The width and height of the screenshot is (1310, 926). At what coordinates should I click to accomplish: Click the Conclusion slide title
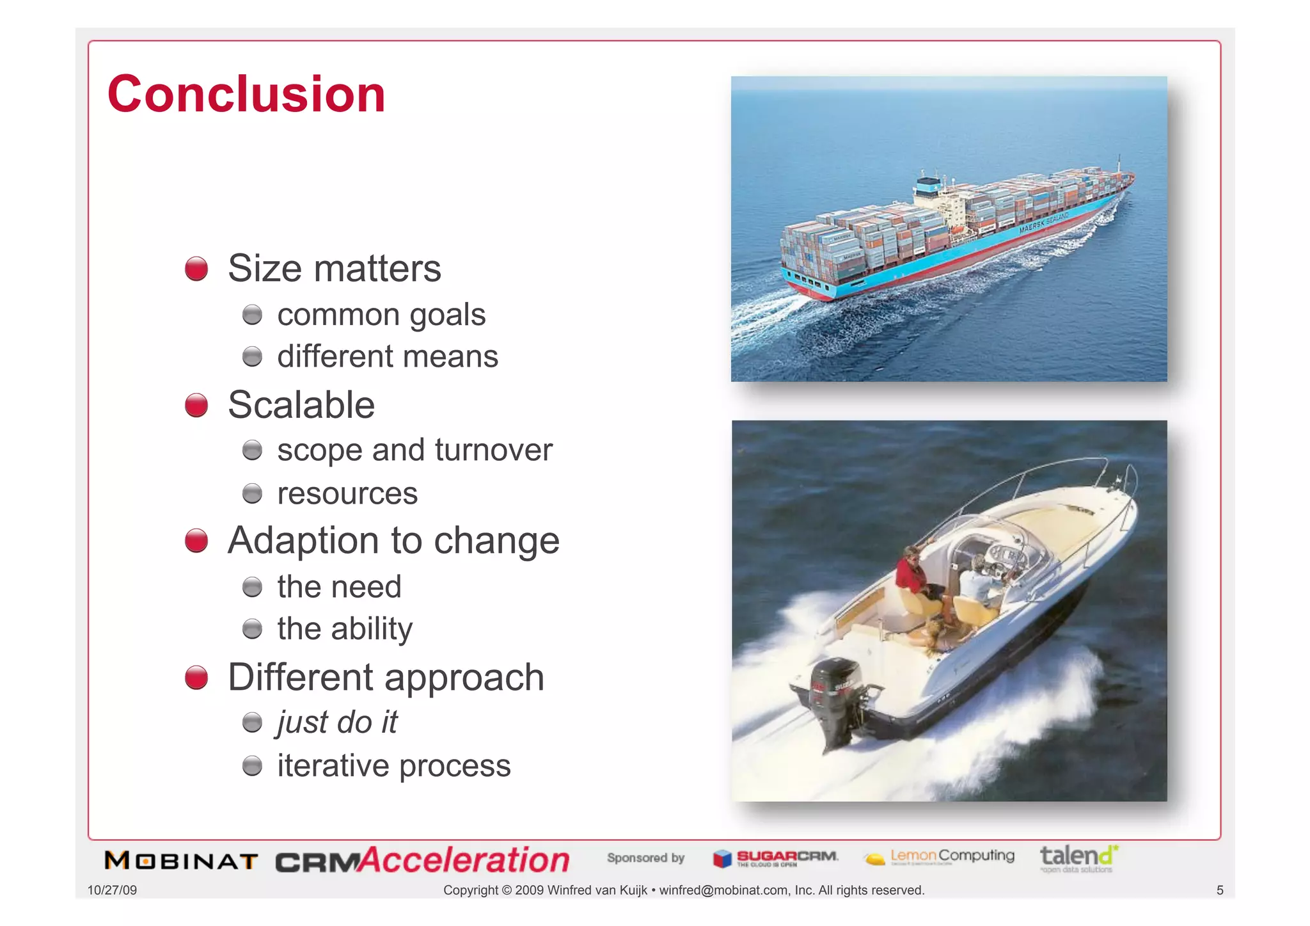pyautogui.click(x=246, y=94)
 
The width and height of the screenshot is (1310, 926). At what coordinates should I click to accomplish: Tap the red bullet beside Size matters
pyautogui.click(x=196, y=269)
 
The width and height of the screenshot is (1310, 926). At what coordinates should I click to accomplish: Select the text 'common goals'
pyautogui.click(x=381, y=315)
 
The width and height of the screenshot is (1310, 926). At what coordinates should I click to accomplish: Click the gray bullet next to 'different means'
pyautogui.click(x=252, y=356)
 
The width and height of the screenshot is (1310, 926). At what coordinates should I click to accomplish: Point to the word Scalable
pyautogui.click(x=301, y=405)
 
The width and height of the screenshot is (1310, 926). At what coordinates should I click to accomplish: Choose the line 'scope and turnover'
pyautogui.click(x=414, y=450)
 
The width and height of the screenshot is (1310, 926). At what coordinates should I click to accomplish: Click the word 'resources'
pyautogui.click(x=347, y=493)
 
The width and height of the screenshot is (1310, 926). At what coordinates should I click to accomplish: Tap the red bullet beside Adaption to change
pyautogui.click(x=196, y=541)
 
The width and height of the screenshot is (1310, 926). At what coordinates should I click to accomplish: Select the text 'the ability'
pyautogui.click(x=345, y=628)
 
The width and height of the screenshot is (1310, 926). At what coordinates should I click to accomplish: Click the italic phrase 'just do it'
pyautogui.click(x=337, y=722)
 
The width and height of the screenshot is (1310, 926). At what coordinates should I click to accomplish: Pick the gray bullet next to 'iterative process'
pyautogui.click(x=252, y=765)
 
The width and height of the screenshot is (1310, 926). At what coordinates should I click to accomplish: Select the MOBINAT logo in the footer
pyautogui.click(x=181, y=861)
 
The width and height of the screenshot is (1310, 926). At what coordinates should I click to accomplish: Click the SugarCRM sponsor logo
pyautogui.click(x=776, y=858)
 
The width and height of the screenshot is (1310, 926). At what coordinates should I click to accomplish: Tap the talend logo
pyautogui.click(x=1078, y=858)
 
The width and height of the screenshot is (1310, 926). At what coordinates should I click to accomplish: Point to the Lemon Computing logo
pyautogui.click(x=939, y=857)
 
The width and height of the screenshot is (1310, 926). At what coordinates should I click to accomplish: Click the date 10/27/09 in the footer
pyautogui.click(x=112, y=890)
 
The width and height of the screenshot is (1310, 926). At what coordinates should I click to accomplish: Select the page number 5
pyautogui.click(x=1219, y=890)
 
